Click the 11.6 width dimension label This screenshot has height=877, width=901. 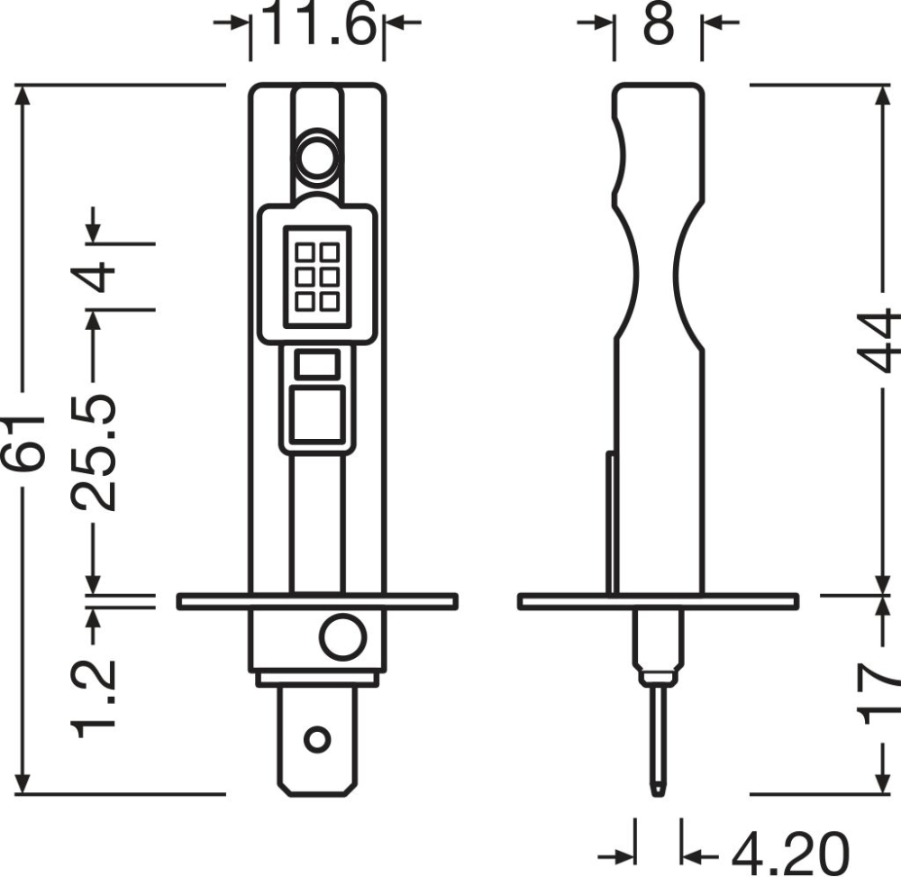[x=318, y=24]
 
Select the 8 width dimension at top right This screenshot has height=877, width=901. [x=659, y=24]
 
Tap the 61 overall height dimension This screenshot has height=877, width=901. [x=23, y=442]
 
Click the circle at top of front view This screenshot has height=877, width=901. [x=316, y=158]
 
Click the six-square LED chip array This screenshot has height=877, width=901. [x=316, y=276]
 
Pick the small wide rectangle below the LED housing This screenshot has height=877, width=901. [x=316, y=365]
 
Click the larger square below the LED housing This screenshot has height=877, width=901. [x=316, y=415]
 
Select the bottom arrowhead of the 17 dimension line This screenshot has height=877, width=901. [x=881, y=784]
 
